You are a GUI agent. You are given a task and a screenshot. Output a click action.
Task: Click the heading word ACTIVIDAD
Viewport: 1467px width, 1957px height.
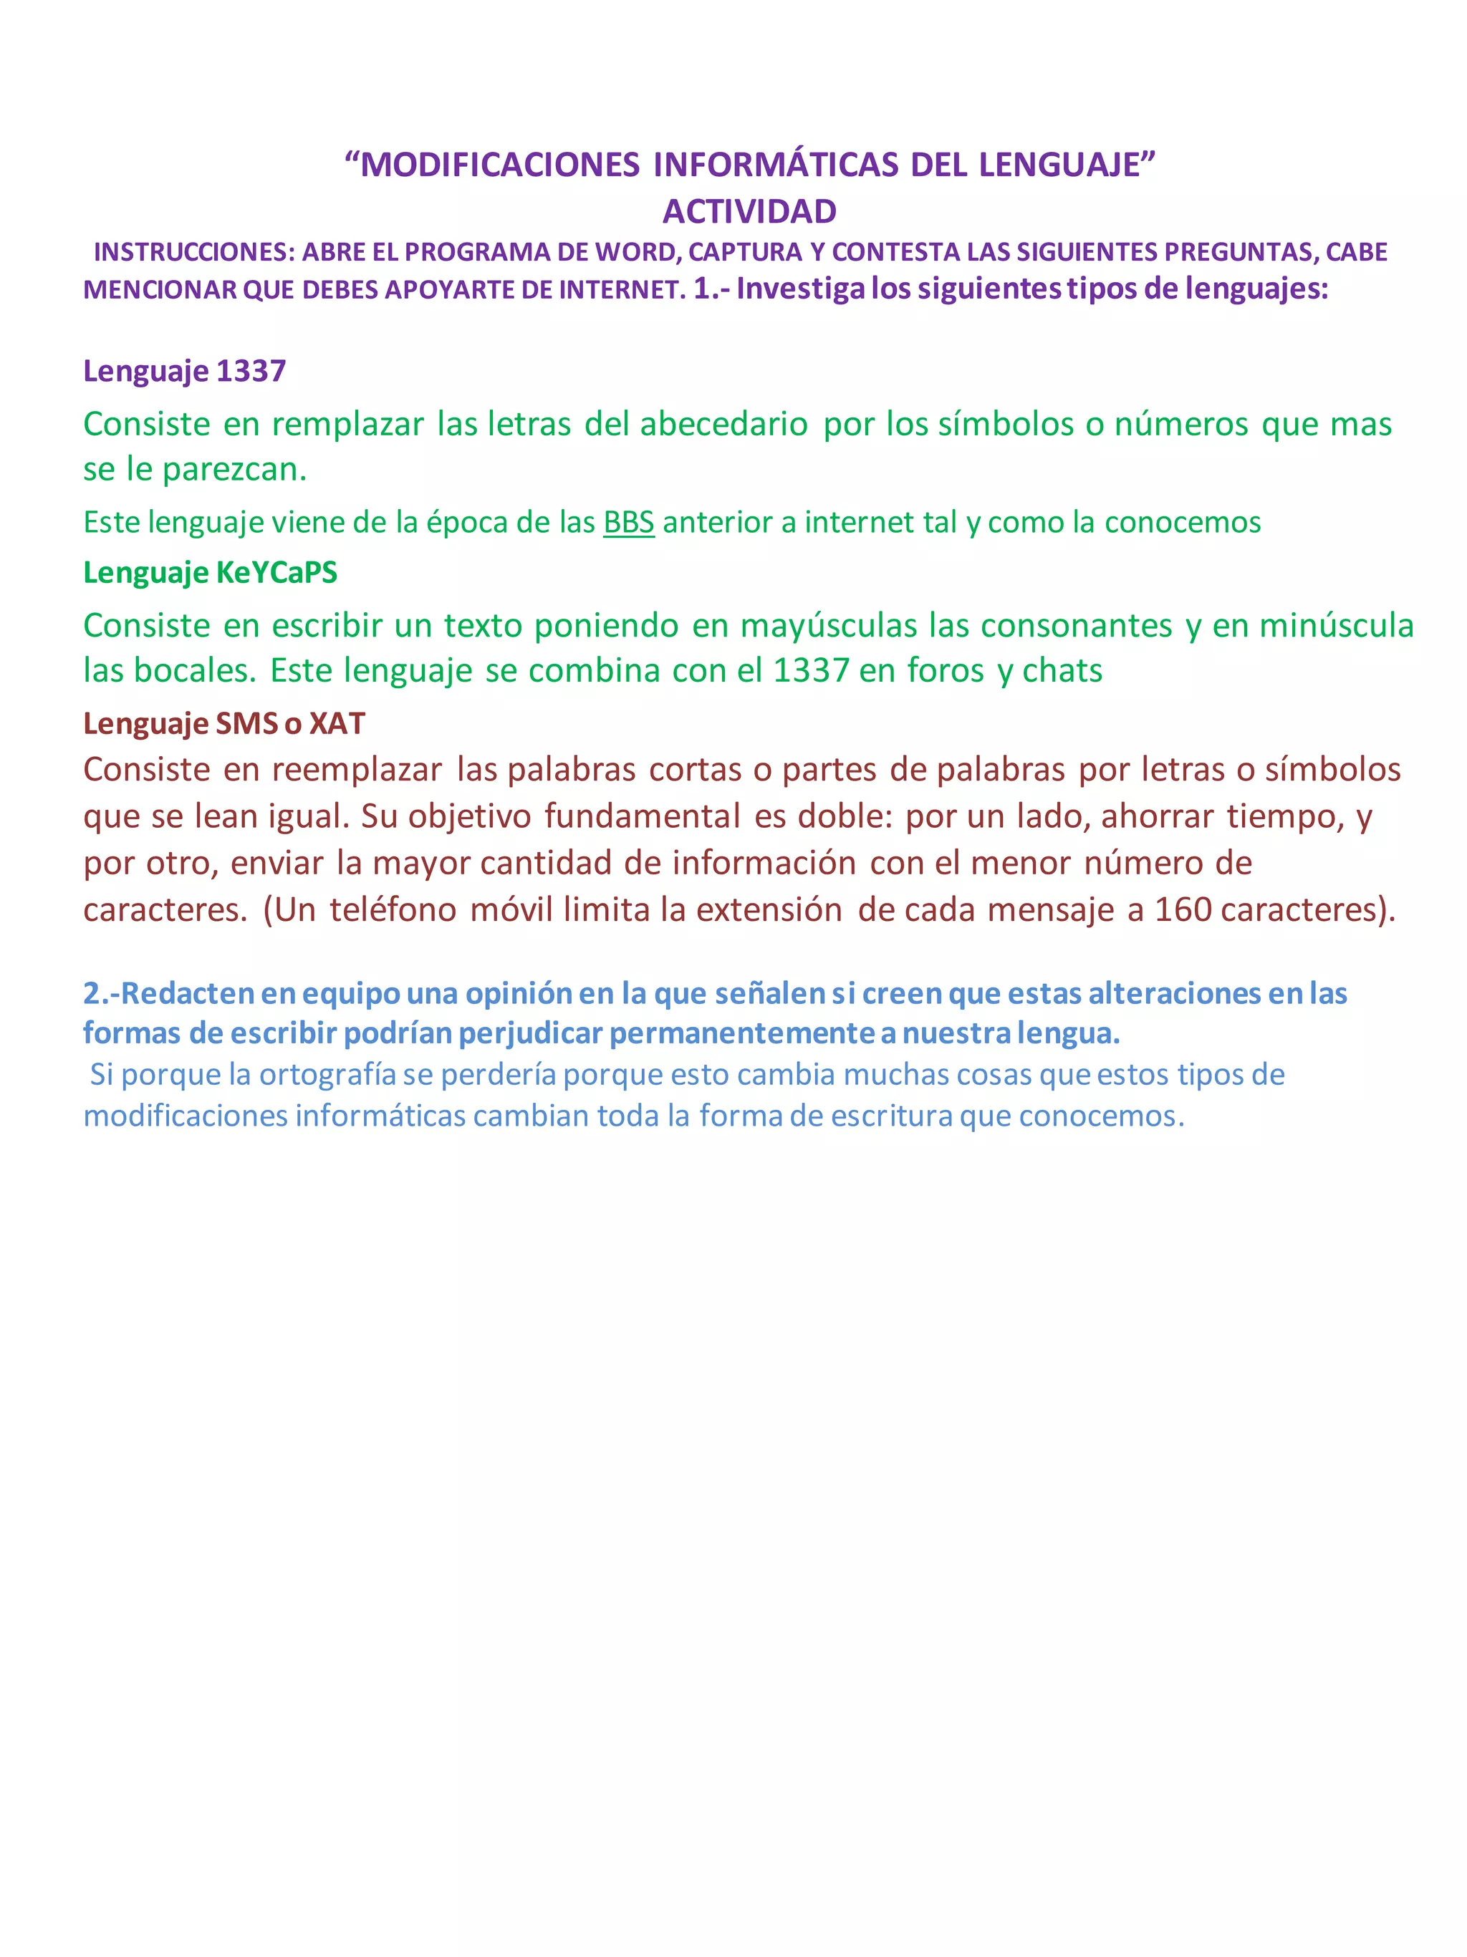click(749, 211)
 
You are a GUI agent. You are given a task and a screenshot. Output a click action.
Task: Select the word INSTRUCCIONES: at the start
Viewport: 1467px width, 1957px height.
click(194, 252)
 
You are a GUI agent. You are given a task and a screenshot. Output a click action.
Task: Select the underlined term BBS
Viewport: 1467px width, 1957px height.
click(628, 522)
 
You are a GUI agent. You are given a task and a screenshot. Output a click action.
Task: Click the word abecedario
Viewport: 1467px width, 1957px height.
click(723, 424)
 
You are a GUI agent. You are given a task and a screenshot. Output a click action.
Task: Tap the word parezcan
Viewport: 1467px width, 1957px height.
click(234, 469)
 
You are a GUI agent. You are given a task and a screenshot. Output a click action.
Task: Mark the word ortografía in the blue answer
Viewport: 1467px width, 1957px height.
click(327, 1074)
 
